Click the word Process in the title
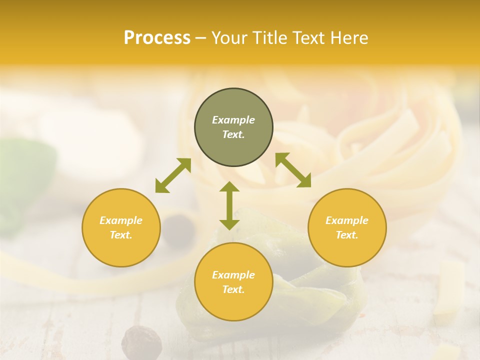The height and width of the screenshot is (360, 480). pos(157,38)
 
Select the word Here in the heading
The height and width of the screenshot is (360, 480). pos(349,38)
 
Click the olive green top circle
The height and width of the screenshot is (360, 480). pos(233,127)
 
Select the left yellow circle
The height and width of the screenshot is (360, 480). pos(121,227)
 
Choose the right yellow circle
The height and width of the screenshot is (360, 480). pos(347,227)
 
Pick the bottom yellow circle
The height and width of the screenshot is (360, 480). pos(233,282)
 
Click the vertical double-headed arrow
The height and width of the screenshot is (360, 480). pos(229,205)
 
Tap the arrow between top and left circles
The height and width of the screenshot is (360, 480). pos(173,175)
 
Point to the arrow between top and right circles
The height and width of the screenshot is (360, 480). pos(293,170)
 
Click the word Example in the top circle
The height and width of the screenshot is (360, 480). pos(233,120)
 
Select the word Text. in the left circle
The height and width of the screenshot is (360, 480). pos(121,235)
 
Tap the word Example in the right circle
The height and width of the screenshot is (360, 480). pos(347,220)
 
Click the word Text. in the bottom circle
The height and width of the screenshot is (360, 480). pos(233,289)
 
